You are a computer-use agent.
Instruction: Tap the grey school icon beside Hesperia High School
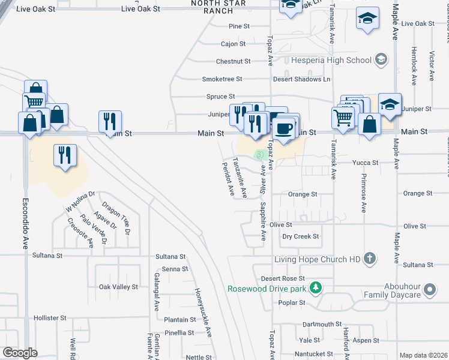pos(380,59)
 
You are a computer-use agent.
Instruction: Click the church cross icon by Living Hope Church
pos(370,259)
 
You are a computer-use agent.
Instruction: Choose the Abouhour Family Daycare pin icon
pos(429,290)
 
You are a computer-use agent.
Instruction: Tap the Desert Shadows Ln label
pos(302,79)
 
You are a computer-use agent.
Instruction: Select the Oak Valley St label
pos(119,287)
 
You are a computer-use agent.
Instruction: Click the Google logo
pos(20,353)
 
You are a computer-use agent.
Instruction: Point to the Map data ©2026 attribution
pos(422,355)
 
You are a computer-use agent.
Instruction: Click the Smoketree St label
pos(222,79)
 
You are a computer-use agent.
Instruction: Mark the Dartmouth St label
pos(322,324)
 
